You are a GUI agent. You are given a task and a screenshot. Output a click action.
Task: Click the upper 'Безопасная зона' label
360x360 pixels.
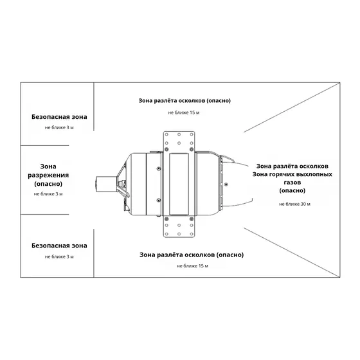(59, 117)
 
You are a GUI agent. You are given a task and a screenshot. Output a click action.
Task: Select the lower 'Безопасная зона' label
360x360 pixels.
(59, 246)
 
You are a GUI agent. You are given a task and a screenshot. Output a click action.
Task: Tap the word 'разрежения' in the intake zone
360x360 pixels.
(48, 175)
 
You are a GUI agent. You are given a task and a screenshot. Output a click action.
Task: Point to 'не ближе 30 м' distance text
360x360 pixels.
(294, 204)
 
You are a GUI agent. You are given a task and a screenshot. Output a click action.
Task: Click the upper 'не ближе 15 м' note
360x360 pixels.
(184, 113)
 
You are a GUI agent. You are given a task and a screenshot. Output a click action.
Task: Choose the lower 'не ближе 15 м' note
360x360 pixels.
(192, 266)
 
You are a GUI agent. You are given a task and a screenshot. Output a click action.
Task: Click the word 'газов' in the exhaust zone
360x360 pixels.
(292, 183)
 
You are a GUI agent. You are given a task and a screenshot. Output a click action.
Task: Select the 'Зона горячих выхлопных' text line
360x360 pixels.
(292, 174)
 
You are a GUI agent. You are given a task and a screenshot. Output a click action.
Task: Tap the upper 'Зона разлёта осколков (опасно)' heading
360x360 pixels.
(184, 100)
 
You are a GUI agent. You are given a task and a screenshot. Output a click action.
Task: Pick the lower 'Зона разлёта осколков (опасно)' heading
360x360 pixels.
(192, 255)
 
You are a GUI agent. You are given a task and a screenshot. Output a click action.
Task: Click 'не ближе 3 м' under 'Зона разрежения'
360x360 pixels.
(48, 194)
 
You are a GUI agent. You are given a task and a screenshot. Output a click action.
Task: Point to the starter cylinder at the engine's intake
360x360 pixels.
(106, 184)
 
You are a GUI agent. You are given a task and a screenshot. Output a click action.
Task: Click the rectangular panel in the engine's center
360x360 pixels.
(179, 184)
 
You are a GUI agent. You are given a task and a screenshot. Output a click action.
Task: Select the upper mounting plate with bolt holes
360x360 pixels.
(179, 141)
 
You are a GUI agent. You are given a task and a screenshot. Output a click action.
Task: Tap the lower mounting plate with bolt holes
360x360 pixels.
(179, 227)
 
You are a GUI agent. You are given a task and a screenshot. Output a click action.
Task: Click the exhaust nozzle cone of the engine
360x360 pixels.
(237, 184)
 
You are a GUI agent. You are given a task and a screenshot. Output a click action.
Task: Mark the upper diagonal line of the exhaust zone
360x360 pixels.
(292, 107)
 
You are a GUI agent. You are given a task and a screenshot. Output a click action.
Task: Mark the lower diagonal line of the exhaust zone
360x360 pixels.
(292, 252)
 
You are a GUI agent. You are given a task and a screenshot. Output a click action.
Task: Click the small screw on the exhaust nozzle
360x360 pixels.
(226, 184)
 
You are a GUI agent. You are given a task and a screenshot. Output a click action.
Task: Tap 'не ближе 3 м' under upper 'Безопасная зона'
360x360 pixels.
(59, 128)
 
